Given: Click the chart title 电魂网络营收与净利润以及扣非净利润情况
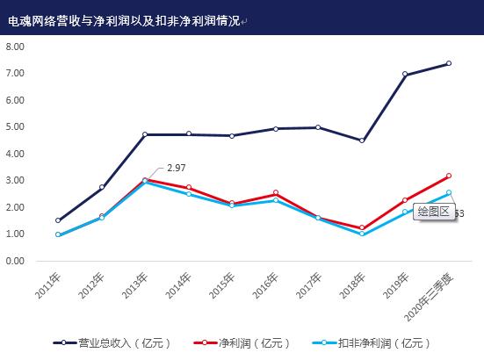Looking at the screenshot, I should (123, 18).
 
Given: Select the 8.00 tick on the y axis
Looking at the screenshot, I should (15, 46).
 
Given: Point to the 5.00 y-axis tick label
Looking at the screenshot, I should (15, 126).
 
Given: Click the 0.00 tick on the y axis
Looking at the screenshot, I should (15, 261).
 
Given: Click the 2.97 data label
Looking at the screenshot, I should (176, 168).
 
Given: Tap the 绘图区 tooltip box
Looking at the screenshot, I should (433, 211).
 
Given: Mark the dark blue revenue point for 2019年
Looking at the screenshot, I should (405, 75).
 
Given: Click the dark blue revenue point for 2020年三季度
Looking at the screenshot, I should (448, 63).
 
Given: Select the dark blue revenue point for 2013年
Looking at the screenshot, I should (145, 134).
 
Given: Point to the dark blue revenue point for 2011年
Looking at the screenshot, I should (58, 220).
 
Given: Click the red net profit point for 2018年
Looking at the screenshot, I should (362, 228).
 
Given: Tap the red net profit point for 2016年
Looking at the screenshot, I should (275, 193).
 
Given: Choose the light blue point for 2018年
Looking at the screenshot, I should (362, 234).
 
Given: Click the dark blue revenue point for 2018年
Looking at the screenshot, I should (362, 140).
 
